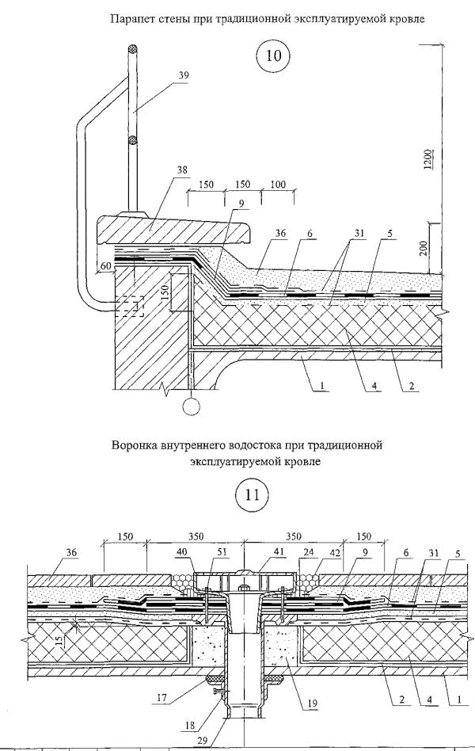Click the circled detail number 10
pos(272,58)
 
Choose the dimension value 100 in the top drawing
pos(278,185)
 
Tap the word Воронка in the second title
pos(141,445)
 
